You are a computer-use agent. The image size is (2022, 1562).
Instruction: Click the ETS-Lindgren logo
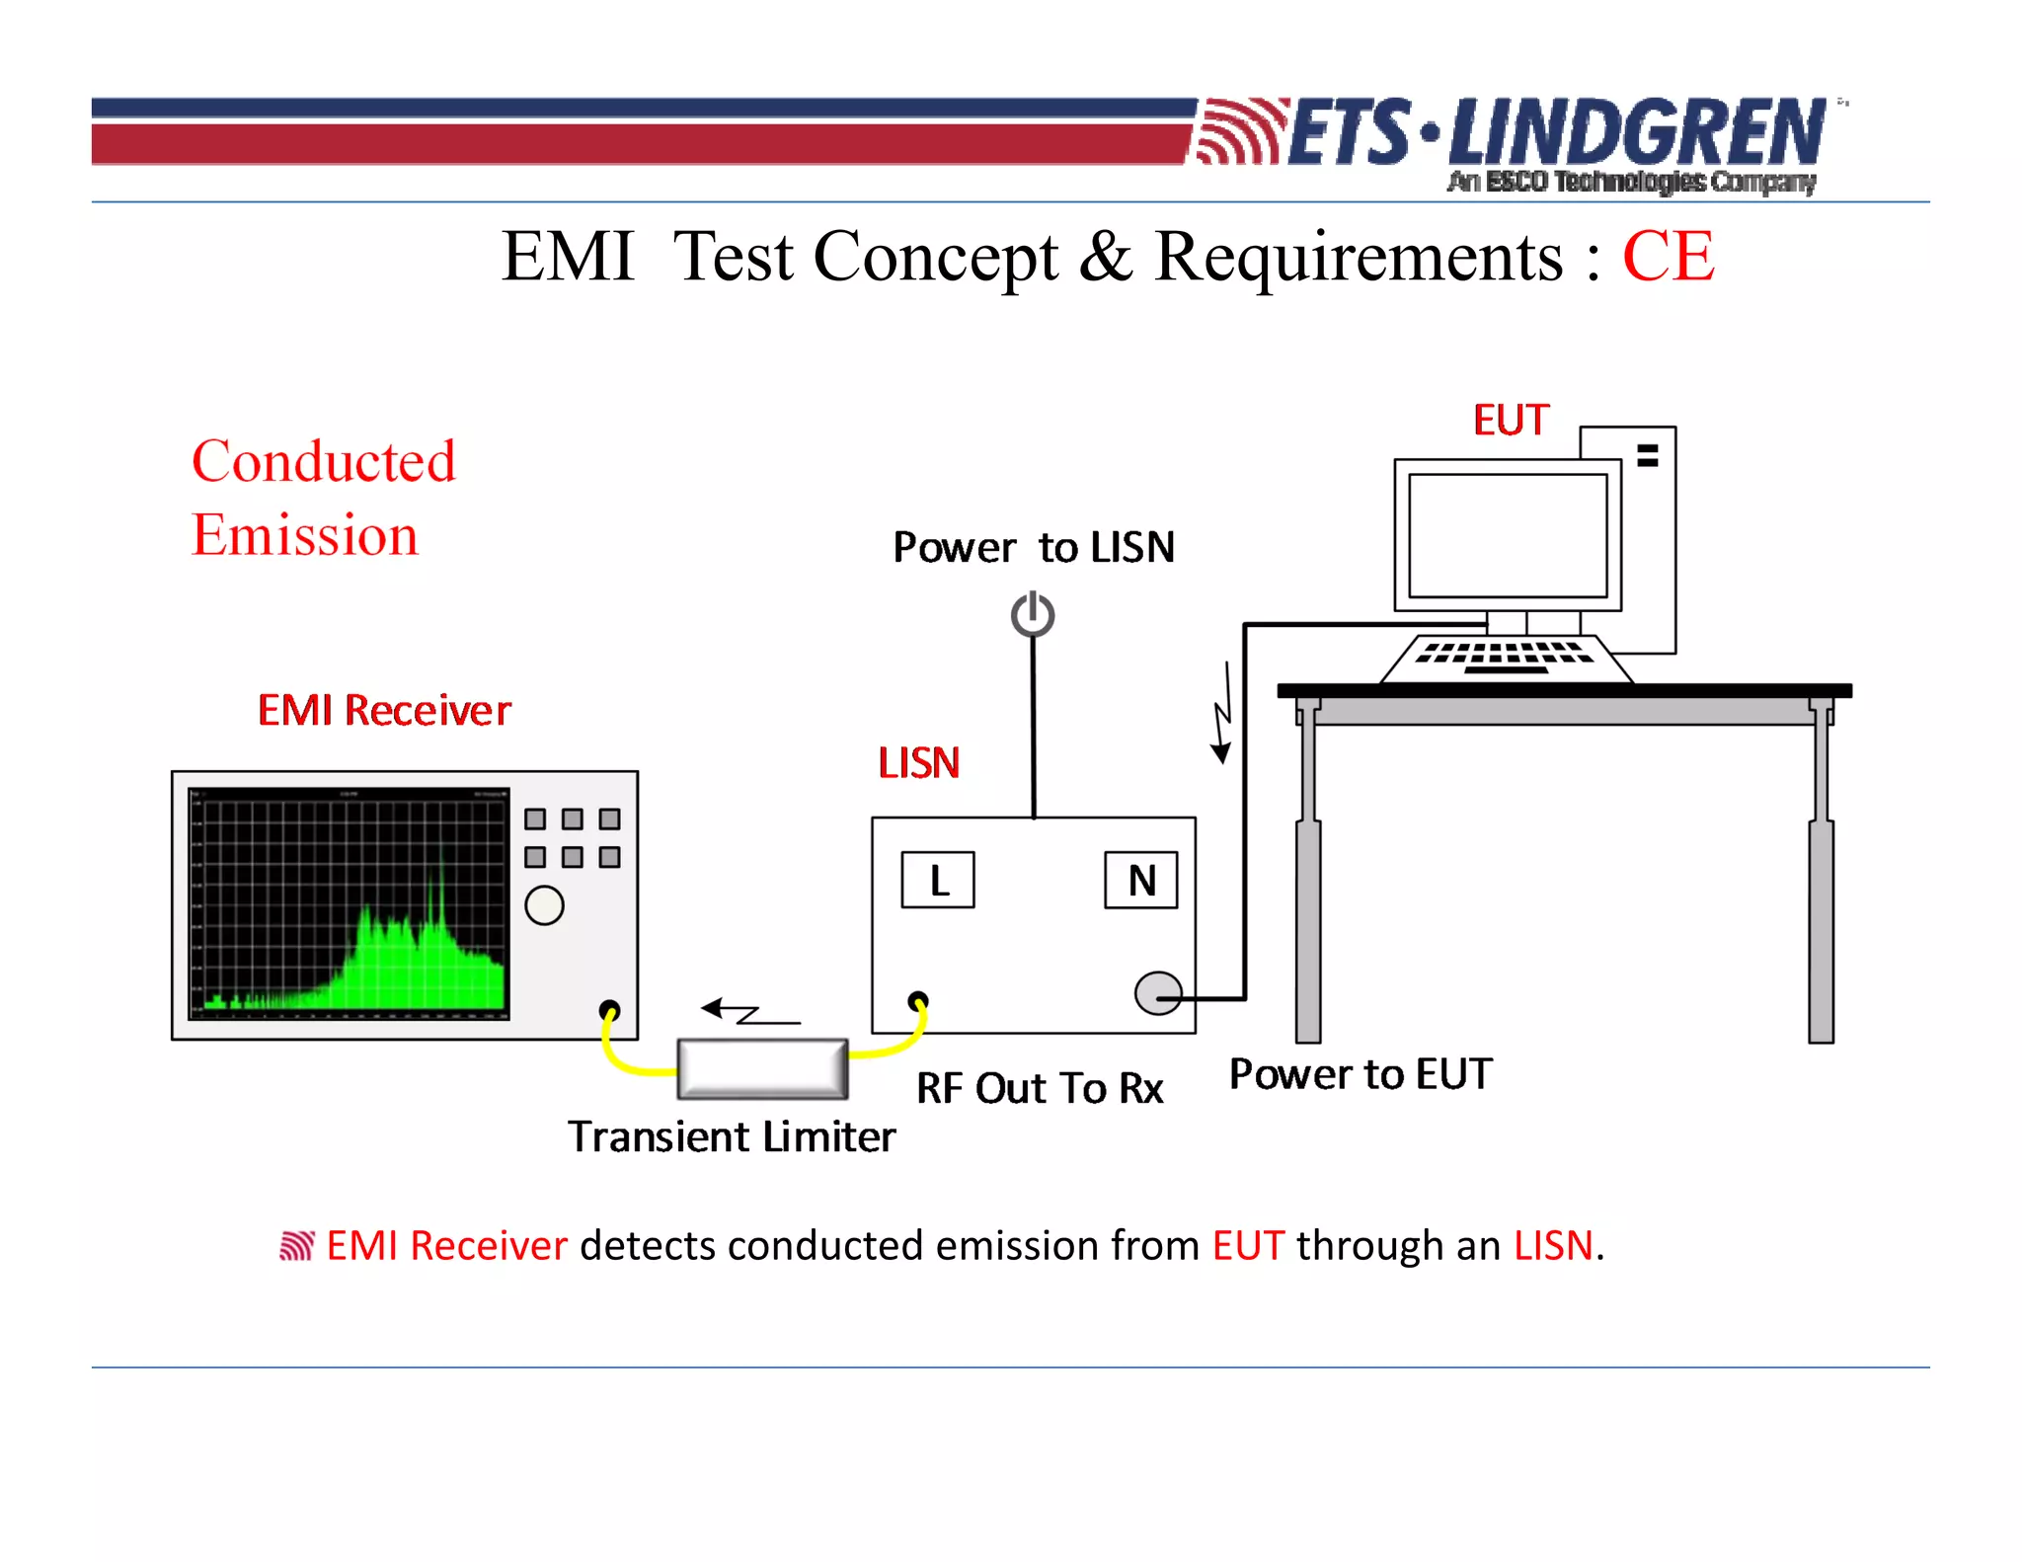pos(1511,138)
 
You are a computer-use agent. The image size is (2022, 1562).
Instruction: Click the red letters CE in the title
pos(1668,257)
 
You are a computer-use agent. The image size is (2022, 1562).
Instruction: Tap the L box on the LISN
pos(938,880)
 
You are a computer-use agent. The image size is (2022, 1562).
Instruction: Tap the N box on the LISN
pos(1141,880)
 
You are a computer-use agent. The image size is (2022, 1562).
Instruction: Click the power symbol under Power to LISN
pos(1033,614)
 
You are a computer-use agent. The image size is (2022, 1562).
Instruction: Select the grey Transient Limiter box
pos(762,1068)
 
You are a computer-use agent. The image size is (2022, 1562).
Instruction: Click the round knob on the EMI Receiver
pos(544,905)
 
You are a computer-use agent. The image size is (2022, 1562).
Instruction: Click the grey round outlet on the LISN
pos(1157,993)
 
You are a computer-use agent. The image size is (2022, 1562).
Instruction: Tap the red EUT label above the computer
pos(1511,421)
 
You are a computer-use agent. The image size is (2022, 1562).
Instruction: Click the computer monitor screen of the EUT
pos(1508,535)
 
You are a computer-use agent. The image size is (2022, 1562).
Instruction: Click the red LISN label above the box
pos(918,763)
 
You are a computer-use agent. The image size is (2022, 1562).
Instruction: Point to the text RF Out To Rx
pos(1040,1088)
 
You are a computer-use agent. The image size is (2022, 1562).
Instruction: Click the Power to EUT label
pos(1361,1074)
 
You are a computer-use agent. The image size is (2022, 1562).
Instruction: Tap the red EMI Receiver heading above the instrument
pos(384,711)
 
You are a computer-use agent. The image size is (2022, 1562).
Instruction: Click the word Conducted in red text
pos(324,461)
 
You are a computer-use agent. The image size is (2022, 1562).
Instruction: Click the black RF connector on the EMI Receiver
pos(610,1010)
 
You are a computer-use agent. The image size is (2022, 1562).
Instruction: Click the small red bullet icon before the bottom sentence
pos(296,1246)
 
